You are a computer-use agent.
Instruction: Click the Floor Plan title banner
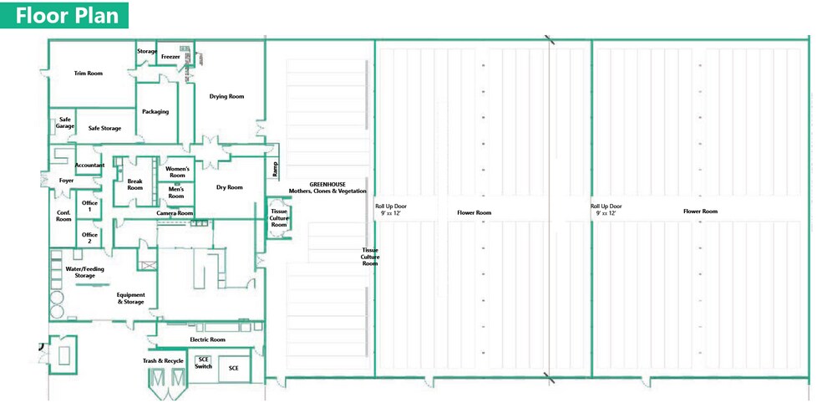pos(64,15)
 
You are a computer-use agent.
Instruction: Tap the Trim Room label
pos(88,74)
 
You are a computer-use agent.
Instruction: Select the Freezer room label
pos(170,57)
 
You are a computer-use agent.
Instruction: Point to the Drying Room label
pos(226,96)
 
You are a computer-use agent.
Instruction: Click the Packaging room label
pos(155,112)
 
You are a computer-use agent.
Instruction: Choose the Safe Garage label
pos(65,123)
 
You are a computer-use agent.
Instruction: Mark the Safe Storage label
pos(105,129)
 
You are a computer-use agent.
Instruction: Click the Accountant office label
pos(89,166)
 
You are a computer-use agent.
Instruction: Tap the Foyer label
pos(67,181)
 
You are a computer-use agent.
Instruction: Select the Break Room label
pos(134,185)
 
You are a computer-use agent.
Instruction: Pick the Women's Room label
pos(178,172)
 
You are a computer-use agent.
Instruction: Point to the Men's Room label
pos(176,192)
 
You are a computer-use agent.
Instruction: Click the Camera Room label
pos(175,213)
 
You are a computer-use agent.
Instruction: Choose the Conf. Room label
pos(63,216)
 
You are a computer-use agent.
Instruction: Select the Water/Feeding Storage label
pos(84,273)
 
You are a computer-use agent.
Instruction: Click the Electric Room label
pos(208,339)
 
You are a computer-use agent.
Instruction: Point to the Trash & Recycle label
pos(163,361)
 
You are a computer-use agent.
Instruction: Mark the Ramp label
pos(274,170)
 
